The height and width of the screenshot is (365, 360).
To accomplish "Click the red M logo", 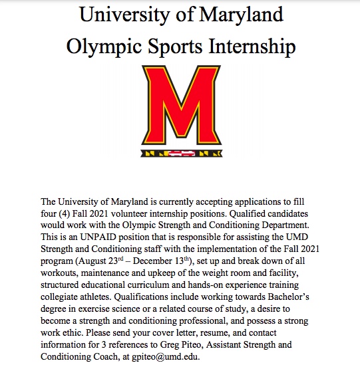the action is (x=180, y=106).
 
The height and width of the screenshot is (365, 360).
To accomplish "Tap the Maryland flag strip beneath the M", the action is (x=180, y=154).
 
